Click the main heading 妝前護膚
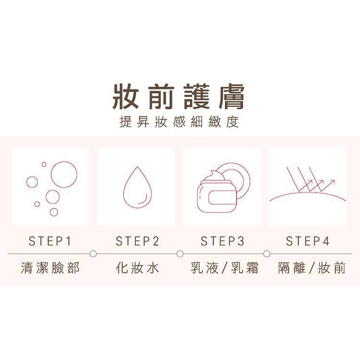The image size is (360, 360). [x=178, y=96]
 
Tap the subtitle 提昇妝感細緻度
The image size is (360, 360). [x=179, y=121]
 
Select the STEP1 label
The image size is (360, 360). [x=50, y=241]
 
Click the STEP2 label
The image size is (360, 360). [x=137, y=241]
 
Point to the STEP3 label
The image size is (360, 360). [x=222, y=241]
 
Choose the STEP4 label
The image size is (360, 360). [x=308, y=241]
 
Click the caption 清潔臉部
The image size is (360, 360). [x=50, y=268]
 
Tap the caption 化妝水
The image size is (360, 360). [x=137, y=268]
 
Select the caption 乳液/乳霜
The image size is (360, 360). [x=224, y=268]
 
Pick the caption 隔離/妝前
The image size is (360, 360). [x=312, y=268]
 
